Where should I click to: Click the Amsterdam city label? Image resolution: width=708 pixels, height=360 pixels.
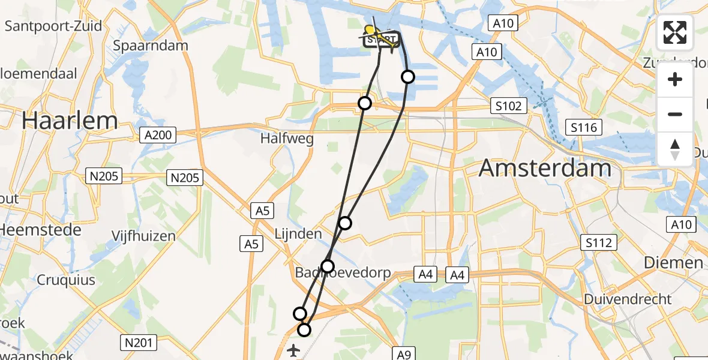coord(545,169)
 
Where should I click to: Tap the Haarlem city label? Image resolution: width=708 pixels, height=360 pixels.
coord(70,121)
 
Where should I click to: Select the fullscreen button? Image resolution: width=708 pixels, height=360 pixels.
coord(675,32)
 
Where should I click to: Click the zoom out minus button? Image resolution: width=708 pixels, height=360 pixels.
coord(675,114)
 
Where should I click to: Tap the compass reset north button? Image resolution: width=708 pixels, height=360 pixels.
coord(675,149)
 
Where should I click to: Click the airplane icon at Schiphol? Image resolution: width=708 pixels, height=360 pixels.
coord(294,350)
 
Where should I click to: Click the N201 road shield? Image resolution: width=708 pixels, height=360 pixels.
coord(138,343)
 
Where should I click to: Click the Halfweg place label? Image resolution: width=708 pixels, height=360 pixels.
coord(287,139)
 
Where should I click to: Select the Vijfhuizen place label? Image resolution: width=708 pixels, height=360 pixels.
coord(143,236)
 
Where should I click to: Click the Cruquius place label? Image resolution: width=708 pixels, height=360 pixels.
coord(67,280)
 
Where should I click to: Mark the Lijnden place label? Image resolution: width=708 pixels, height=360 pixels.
coord(298,234)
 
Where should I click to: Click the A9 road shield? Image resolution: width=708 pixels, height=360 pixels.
coord(403,353)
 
